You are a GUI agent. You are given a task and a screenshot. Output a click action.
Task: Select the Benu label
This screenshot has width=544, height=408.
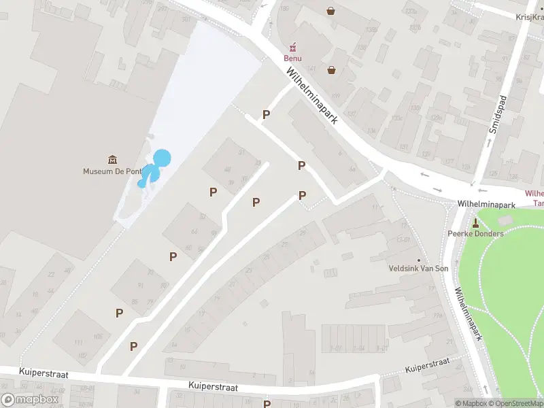point(292,58)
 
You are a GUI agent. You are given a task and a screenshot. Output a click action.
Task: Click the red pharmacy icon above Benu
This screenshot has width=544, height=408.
point(293,47)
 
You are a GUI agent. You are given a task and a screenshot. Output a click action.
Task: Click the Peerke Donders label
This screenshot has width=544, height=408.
point(475,234)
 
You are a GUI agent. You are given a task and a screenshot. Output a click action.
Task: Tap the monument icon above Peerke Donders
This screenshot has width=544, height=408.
point(475,222)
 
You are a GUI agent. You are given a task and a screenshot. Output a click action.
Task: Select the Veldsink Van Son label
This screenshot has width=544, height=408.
point(418,269)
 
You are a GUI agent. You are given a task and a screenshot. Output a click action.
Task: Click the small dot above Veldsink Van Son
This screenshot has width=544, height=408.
point(418,259)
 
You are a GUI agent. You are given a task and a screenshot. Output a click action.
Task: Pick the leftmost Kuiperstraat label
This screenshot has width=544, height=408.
point(42,373)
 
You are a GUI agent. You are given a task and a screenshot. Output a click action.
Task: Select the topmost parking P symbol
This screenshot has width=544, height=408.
point(267,115)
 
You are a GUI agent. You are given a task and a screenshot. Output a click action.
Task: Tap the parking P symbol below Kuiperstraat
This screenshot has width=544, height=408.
point(267,403)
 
